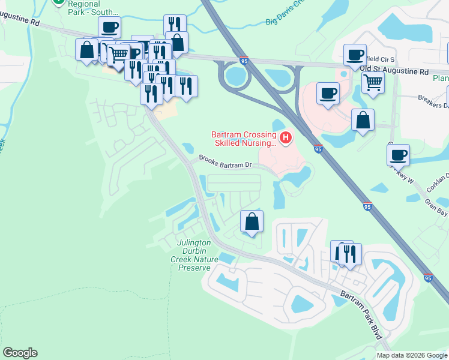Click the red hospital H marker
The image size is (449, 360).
286,139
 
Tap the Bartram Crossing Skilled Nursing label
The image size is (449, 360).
244,139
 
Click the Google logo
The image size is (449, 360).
20,353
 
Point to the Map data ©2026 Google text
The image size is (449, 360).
412,355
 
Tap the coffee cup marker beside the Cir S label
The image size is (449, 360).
355,55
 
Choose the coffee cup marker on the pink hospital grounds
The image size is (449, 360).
328,93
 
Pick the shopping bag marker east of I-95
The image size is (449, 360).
363,119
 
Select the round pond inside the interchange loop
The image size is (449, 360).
237,76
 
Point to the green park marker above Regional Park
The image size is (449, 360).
59,1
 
